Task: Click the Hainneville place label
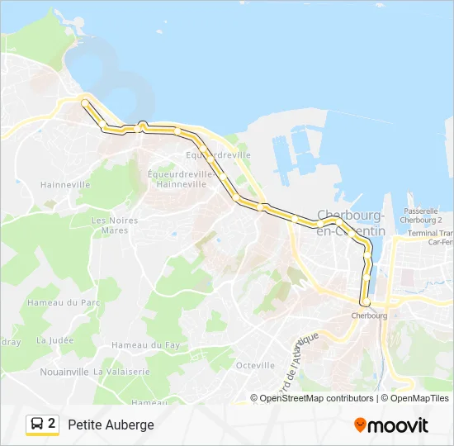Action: [x=65, y=185]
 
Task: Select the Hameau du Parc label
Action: [x=73, y=303]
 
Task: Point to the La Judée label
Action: [x=55, y=340]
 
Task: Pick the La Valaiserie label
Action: [x=121, y=372]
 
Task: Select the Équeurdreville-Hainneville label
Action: [x=176, y=178]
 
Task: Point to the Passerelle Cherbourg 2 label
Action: [x=421, y=216]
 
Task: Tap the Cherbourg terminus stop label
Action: [x=369, y=316]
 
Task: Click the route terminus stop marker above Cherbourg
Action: [x=364, y=302]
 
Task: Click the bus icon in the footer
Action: [x=37, y=425]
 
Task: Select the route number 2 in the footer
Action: [x=52, y=424]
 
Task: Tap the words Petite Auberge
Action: [x=111, y=425]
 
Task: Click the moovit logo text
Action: [x=398, y=425]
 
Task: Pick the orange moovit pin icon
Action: [x=360, y=425]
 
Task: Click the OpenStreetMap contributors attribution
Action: [x=316, y=398]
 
